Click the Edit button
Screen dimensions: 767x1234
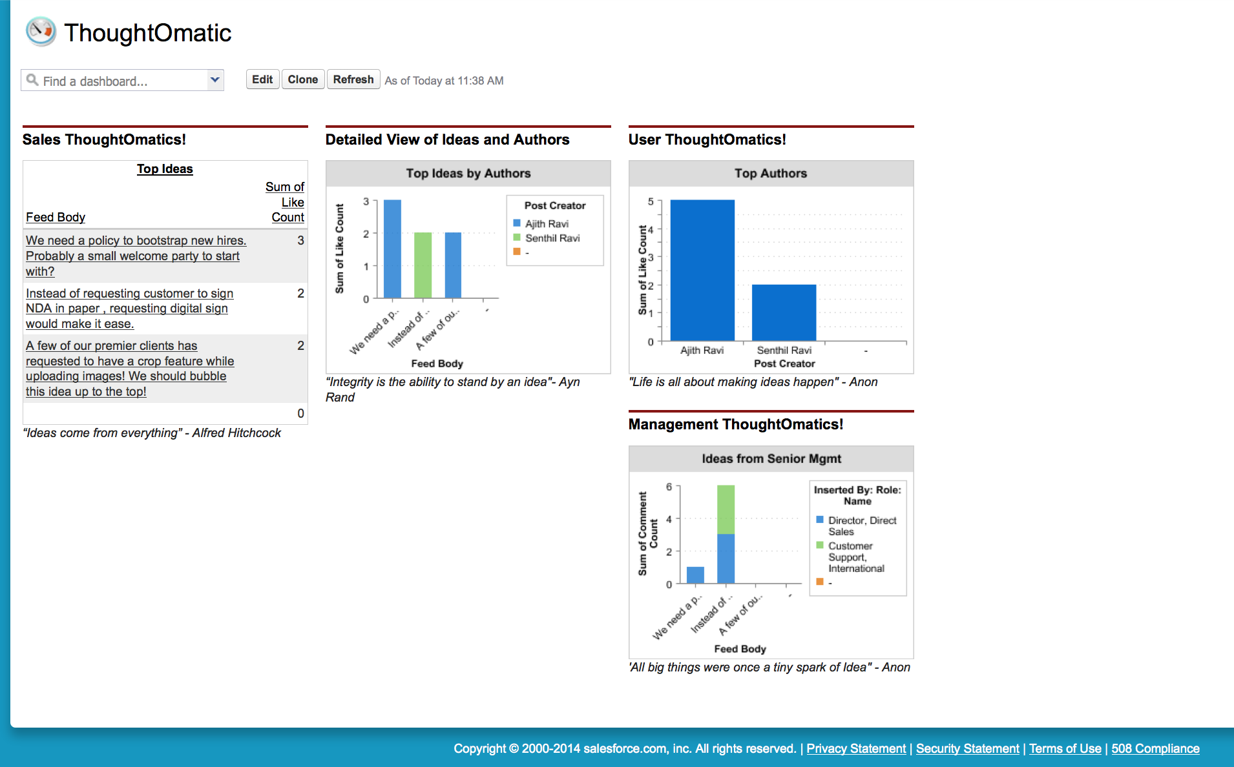[262, 79]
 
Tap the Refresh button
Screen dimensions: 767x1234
[353, 79]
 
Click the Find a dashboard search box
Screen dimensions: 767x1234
[116, 81]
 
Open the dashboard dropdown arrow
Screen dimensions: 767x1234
[215, 80]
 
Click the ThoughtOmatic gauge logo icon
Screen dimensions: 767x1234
[41, 32]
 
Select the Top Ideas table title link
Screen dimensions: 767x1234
[165, 169]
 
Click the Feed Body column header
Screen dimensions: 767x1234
[56, 218]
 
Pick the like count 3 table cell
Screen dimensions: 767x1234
[300, 240]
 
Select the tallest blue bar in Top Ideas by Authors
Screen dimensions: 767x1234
[392, 249]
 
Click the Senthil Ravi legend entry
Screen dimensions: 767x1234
[552, 238]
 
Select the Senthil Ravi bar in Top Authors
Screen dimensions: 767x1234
[784, 312]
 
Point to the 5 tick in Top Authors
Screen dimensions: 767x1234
[651, 201]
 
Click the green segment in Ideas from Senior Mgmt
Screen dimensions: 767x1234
[726, 509]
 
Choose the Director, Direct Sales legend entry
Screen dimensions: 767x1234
[862, 526]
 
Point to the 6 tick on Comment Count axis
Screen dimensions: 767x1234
[669, 487]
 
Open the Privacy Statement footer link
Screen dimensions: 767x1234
[856, 748]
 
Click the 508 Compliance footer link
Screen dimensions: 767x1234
[1155, 748]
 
